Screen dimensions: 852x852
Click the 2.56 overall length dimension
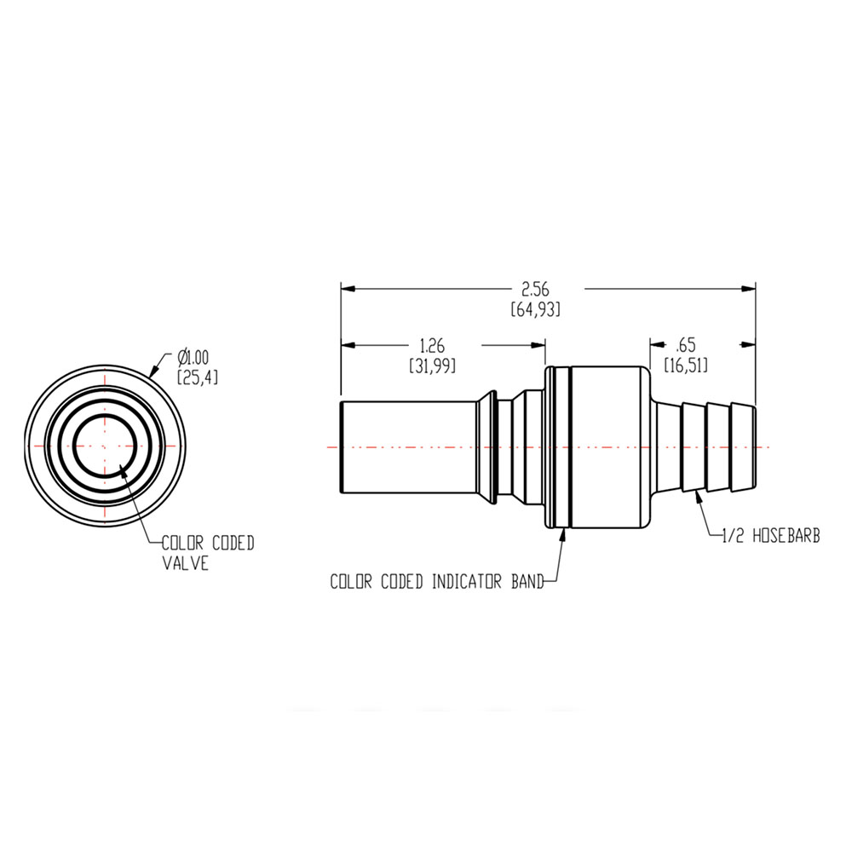pyautogui.click(x=536, y=290)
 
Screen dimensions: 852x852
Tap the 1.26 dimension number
pyautogui.click(x=432, y=346)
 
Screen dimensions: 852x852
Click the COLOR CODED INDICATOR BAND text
pyautogui.click(x=435, y=583)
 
